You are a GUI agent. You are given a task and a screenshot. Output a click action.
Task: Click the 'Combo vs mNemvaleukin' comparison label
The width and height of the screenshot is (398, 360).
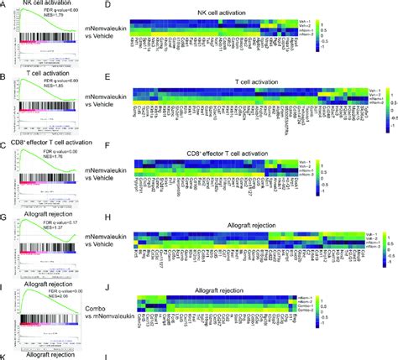tap(95, 305)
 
